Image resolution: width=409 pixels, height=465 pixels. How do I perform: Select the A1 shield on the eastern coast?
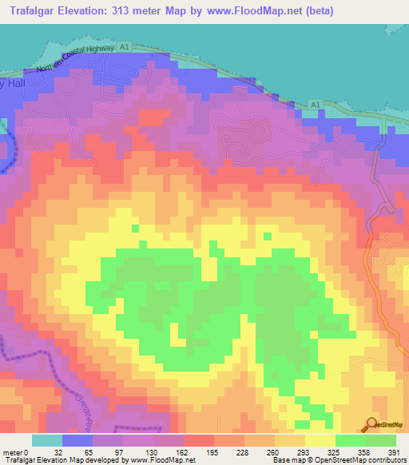click(316, 104)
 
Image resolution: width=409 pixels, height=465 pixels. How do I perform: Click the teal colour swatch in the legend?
click(47, 439)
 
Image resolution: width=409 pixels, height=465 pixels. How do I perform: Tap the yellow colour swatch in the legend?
click(320, 439)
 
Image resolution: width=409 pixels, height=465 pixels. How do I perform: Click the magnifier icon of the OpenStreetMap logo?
click(371, 424)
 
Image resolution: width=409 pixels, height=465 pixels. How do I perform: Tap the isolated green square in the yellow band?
click(135, 229)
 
